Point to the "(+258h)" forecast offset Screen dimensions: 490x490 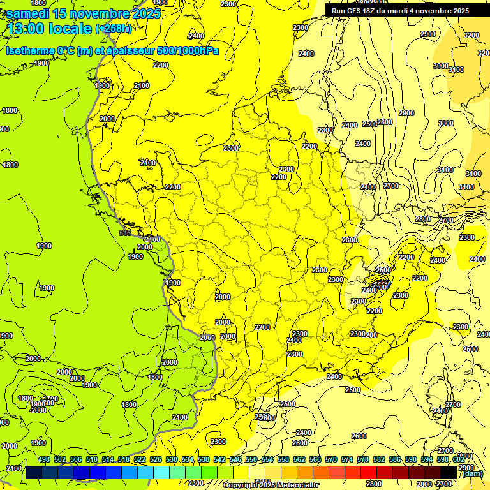click(x=114, y=29)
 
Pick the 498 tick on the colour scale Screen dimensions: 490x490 click(x=44, y=460)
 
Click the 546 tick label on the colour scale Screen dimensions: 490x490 click(x=235, y=460)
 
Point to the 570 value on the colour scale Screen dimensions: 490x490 click(x=331, y=460)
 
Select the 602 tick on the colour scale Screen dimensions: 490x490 click(x=459, y=460)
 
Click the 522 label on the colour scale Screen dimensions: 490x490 click(x=140, y=460)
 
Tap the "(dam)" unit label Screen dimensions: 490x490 click(x=472, y=473)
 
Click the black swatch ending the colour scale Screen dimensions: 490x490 click(x=449, y=473)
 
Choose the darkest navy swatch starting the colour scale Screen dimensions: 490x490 click(x=34, y=473)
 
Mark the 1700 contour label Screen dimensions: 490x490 click(x=50, y=399)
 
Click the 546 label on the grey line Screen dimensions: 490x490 click(x=125, y=233)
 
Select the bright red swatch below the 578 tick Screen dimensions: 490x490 click(x=369, y=473)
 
